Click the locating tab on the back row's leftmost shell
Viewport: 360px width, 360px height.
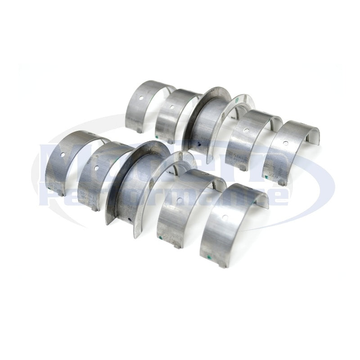point(139,131)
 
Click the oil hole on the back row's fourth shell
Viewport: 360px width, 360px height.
point(247,131)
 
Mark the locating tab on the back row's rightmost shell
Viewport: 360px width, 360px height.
point(281,182)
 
